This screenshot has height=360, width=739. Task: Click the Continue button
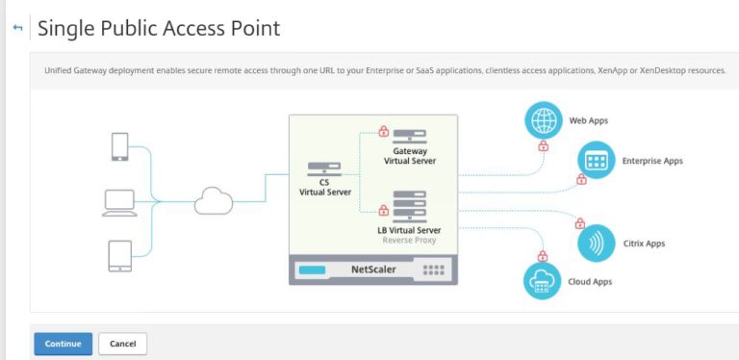pos(63,344)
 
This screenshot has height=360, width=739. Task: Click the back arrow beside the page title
pos(17,29)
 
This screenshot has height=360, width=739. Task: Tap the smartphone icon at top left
pos(119,146)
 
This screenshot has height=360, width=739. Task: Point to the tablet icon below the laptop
pos(119,255)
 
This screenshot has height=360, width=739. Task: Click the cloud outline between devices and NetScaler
pos(213,201)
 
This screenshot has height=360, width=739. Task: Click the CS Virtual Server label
pos(324,187)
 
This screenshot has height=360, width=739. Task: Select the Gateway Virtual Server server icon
pos(409,137)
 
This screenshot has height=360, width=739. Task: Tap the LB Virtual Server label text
pos(409,230)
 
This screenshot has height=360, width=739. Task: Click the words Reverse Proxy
pos(409,241)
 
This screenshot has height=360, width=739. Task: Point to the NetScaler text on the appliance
pos(374,270)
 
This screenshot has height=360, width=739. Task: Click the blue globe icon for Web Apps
pos(543,121)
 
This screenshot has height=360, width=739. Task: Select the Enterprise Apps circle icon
pos(596,160)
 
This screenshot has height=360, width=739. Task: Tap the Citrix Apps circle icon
pos(596,243)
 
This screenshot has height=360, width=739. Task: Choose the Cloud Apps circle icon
pos(542,281)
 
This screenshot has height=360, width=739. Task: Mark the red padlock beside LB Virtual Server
pos(383,207)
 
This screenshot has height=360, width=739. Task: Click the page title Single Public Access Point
pos(159,29)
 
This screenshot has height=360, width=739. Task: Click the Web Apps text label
pos(589,121)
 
